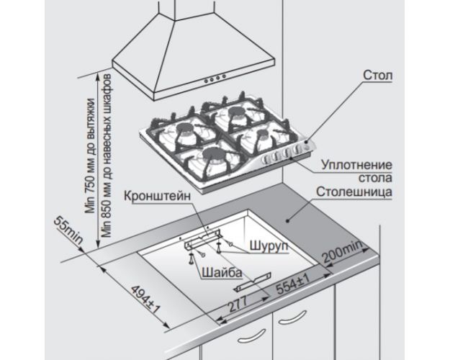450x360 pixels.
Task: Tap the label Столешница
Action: (x=353, y=193)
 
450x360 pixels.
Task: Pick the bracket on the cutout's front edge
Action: (x=253, y=280)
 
